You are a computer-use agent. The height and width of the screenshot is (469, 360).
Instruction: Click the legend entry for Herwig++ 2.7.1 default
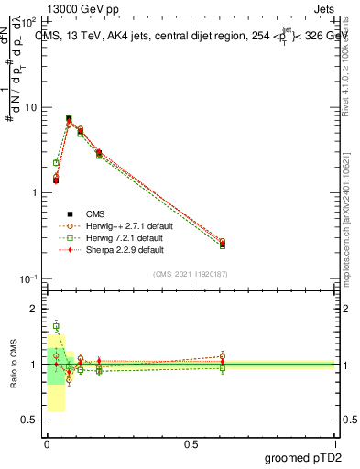click(123, 224)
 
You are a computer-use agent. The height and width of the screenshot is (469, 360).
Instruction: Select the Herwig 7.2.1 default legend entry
click(121, 236)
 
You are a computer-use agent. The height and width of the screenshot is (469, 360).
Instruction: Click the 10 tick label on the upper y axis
click(31, 107)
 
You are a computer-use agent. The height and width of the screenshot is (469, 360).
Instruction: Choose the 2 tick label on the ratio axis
click(35, 310)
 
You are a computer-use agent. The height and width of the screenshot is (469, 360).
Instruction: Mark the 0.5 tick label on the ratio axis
click(31, 420)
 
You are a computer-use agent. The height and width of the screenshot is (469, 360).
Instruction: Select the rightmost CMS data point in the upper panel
click(223, 245)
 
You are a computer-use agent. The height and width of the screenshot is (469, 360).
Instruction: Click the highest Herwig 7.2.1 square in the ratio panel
click(56, 326)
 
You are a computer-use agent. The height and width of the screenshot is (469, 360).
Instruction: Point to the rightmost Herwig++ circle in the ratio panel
click(223, 356)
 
